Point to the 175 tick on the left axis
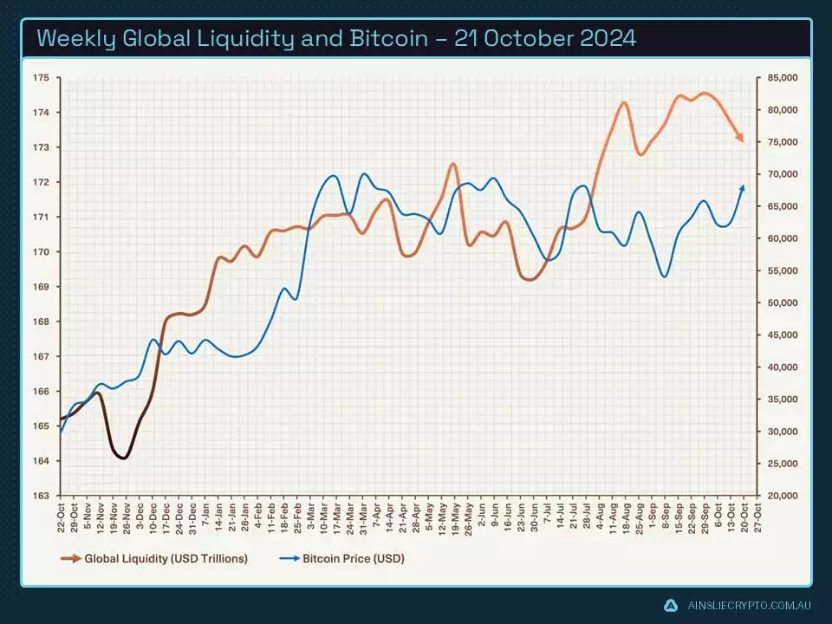click(41, 78)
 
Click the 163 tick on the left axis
click(41, 496)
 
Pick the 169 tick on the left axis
click(41, 287)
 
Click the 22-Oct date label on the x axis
click(62, 516)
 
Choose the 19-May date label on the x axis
click(456, 516)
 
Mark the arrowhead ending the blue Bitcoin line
click(743, 188)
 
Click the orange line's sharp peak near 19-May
click(453, 164)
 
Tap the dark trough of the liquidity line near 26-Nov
click(123, 458)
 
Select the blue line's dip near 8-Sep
click(665, 276)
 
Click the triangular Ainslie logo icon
click(670, 605)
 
